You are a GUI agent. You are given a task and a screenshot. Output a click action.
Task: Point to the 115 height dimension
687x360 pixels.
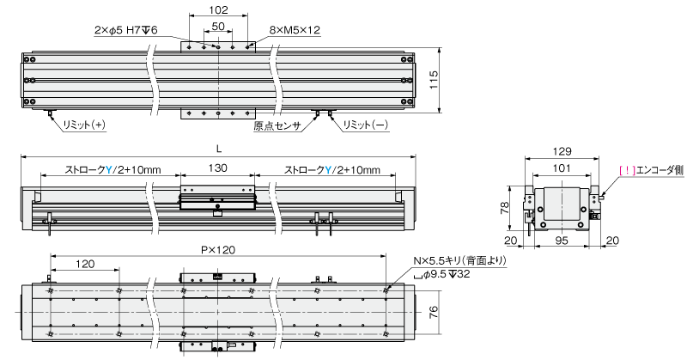[x=435, y=79]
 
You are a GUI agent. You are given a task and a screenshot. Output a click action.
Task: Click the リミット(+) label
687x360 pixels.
[x=84, y=125]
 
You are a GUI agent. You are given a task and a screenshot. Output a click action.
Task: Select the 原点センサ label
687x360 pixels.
[x=277, y=125]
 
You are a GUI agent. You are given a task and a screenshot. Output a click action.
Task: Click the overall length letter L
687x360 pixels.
[x=218, y=149]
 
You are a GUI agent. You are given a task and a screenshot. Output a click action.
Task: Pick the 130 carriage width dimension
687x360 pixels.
[x=218, y=169]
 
